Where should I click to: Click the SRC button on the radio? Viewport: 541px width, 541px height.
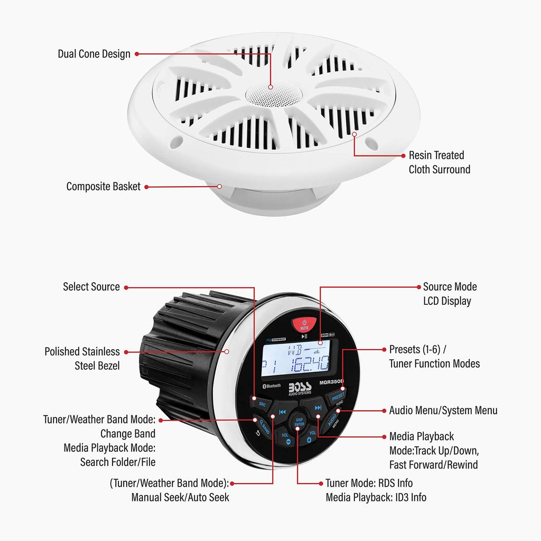[x=263, y=403]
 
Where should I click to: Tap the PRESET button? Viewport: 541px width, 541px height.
[x=337, y=396]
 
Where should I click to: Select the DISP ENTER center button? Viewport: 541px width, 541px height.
[x=299, y=421]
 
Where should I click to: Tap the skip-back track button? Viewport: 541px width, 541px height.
[x=282, y=412]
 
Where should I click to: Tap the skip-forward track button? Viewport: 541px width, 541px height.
[x=318, y=407]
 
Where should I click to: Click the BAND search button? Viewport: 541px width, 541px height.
[x=263, y=426]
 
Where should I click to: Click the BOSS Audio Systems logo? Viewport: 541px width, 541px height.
[x=300, y=387]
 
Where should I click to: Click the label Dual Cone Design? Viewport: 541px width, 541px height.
[x=94, y=54]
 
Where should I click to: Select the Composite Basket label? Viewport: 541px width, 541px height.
[x=104, y=186]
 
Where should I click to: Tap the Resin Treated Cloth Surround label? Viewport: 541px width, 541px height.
[x=439, y=162]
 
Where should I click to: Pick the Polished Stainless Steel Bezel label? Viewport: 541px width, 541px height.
[x=82, y=358]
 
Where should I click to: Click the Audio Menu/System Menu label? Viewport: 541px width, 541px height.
[x=443, y=411]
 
